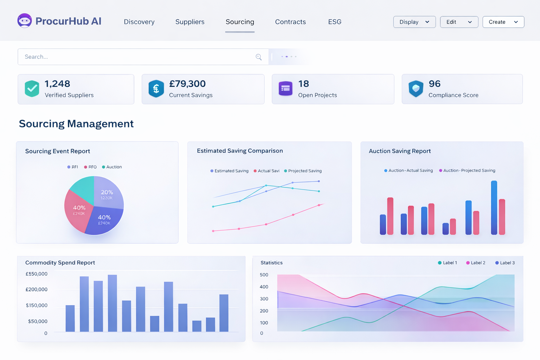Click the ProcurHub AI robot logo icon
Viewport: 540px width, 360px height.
(24, 21)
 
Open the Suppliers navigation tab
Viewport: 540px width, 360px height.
(190, 22)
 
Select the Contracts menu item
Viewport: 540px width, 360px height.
(290, 22)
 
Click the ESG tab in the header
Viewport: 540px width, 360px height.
(335, 22)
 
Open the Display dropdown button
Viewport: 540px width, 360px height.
(414, 22)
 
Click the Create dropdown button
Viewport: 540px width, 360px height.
(503, 22)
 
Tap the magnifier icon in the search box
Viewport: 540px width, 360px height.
(259, 57)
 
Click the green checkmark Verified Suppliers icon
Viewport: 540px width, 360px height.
(32, 89)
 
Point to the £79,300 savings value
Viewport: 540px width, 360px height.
(187, 84)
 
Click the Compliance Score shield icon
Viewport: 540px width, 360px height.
(416, 89)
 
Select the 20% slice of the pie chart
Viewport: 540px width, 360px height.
(107, 193)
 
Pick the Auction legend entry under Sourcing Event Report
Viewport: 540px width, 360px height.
(112, 167)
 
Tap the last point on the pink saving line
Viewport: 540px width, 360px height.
(319, 205)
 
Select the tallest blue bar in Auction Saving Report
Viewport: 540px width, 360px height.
(494, 207)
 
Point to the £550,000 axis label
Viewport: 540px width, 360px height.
(37, 274)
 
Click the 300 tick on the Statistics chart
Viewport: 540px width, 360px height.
(264, 299)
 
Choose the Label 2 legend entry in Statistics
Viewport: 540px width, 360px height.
(476, 263)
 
